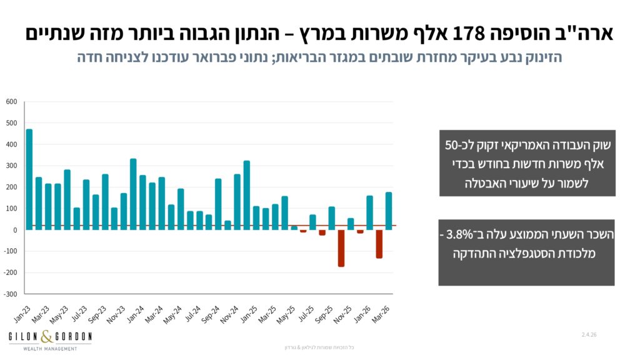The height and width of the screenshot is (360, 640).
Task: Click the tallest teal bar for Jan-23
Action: (x=29, y=179)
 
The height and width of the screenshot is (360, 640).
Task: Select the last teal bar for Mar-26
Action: (x=389, y=211)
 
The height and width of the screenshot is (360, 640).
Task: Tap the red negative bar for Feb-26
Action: (x=379, y=244)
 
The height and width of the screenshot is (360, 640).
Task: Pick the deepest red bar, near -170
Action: (x=341, y=249)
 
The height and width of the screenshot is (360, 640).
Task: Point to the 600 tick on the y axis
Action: (x=11, y=102)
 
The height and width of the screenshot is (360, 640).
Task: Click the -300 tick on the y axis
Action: (x=10, y=294)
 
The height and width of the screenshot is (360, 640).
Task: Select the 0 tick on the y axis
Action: (x=15, y=230)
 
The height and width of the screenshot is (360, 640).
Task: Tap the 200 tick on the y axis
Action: (x=11, y=187)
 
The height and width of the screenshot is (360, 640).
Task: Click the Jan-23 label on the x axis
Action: (x=23, y=314)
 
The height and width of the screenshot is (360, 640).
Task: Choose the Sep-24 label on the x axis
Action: (x=211, y=315)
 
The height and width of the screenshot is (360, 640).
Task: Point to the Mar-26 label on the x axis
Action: (x=381, y=315)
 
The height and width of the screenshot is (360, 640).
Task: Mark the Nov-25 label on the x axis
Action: (x=343, y=315)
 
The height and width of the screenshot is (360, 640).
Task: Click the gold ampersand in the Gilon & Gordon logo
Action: (x=47, y=337)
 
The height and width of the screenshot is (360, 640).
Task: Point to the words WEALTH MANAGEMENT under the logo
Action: (x=50, y=349)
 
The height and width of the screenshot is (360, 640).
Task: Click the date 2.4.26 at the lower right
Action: (x=589, y=335)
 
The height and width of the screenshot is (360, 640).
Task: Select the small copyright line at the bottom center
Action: (x=319, y=347)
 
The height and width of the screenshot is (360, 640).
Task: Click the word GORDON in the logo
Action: (x=74, y=337)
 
